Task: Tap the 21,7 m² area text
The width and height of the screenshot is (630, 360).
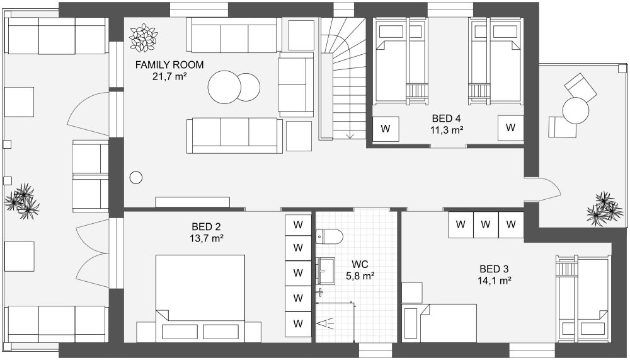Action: point(170,76)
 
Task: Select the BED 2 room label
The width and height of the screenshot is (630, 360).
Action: point(207,226)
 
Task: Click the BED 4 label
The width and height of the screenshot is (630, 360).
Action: point(447,118)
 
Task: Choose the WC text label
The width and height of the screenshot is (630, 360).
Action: point(360,264)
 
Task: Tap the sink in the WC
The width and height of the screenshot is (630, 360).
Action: point(326,272)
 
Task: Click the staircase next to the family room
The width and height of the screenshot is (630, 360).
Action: point(342,79)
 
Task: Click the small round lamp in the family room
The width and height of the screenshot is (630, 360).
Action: point(135,178)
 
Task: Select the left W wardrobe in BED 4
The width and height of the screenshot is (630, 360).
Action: point(386,129)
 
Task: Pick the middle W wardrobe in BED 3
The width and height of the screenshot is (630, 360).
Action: point(486,224)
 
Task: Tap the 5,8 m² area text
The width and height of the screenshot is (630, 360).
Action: point(360,276)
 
